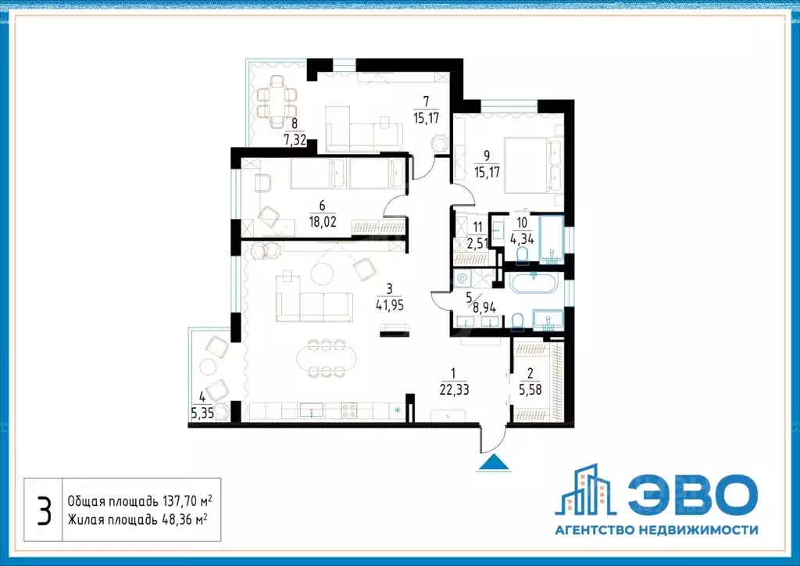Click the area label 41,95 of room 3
[x=389, y=305]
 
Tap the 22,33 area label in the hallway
[x=454, y=390]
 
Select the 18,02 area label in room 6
[x=322, y=221]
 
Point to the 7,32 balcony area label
[x=295, y=140]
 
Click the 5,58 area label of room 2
[x=530, y=390]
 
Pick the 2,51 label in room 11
[x=477, y=243]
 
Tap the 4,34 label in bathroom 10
[x=522, y=238]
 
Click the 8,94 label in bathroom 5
[x=484, y=306]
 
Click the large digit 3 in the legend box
[x=45, y=510]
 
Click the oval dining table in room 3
[x=326, y=358]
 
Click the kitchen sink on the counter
[x=311, y=410]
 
